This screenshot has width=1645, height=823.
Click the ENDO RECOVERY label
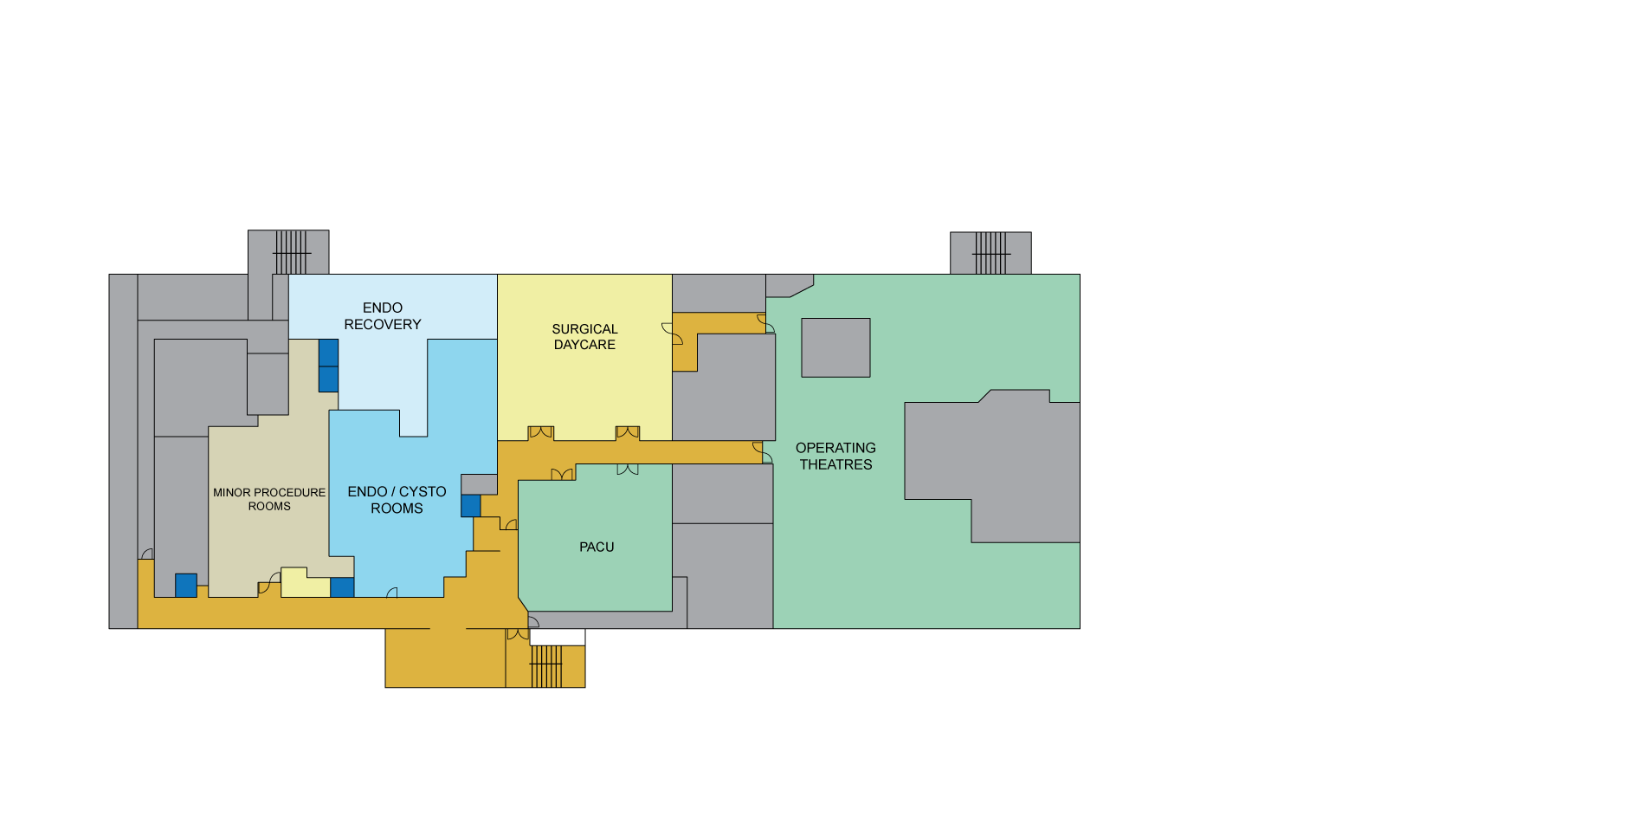382,316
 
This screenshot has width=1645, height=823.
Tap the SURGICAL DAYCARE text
584,337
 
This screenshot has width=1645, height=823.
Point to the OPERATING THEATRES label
835,457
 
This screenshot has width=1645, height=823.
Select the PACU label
597,547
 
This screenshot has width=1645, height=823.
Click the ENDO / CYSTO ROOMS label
397,500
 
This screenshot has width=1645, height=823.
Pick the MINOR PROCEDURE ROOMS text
269,499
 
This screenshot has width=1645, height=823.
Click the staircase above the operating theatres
990,253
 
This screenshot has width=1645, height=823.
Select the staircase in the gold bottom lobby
546,666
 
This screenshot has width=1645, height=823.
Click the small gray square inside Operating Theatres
835,347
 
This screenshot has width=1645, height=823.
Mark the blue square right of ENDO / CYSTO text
470,506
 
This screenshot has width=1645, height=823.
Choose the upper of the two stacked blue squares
328,353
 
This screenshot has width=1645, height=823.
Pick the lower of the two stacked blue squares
328,379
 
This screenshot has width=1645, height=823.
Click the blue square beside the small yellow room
342,587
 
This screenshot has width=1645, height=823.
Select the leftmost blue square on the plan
186,586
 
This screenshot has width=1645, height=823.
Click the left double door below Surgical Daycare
541,432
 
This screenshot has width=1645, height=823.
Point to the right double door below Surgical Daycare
628,432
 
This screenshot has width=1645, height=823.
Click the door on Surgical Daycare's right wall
671,334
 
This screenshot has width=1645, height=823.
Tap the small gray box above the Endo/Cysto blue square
479,484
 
